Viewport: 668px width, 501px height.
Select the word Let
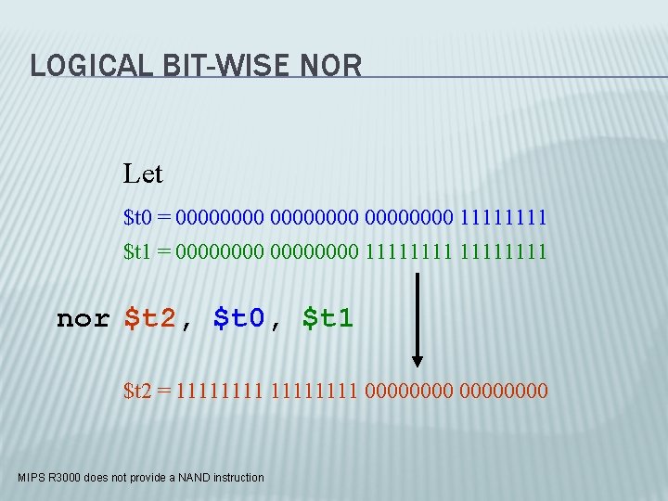pos(143,173)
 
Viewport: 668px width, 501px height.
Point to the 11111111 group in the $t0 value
pos(503,218)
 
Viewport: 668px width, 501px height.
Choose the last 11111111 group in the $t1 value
pos(503,251)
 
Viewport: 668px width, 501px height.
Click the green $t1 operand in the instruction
pos(328,318)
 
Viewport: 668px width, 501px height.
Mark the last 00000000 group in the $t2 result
pos(503,391)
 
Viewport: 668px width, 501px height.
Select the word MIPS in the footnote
pos(31,478)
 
